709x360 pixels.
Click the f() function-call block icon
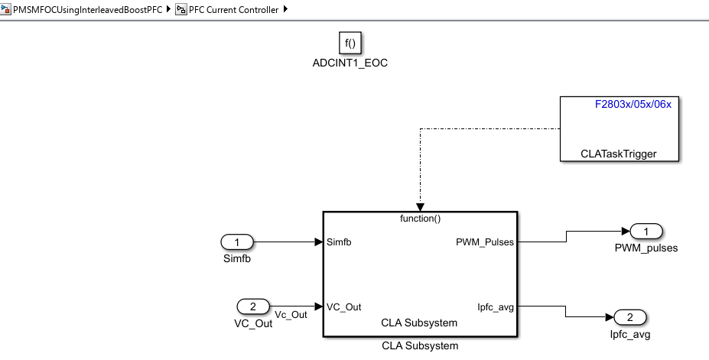click(350, 44)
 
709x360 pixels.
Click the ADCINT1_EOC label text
click(350, 63)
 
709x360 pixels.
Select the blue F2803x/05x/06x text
click(633, 104)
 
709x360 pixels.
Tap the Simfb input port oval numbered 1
click(237, 242)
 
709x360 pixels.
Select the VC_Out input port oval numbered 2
click(252, 307)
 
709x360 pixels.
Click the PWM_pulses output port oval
click(646, 232)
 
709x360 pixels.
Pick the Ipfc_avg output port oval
click(630, 318)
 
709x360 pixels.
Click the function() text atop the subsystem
click(421, 219)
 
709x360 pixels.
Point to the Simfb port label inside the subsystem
click(340, 242)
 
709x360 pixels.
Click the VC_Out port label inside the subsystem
click(343, 307)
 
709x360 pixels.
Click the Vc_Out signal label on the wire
click(291, 314)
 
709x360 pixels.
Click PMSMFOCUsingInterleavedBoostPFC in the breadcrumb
click(87, 10)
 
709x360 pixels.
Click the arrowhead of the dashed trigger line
click(420, 207)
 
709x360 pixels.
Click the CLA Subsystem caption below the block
click(420, 346)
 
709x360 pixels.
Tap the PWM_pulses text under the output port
click(646, 248)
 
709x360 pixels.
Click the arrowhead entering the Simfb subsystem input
click(318, 242)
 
